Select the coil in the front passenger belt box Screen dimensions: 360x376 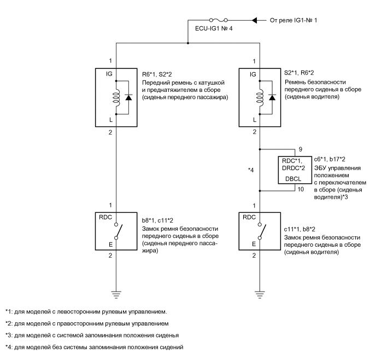pyautogui.click(x=115, y=97)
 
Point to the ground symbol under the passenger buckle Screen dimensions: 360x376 pyautogui.click(x=115, y=294)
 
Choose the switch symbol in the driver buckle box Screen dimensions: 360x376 pyautogui.click(x=260, y=230)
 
